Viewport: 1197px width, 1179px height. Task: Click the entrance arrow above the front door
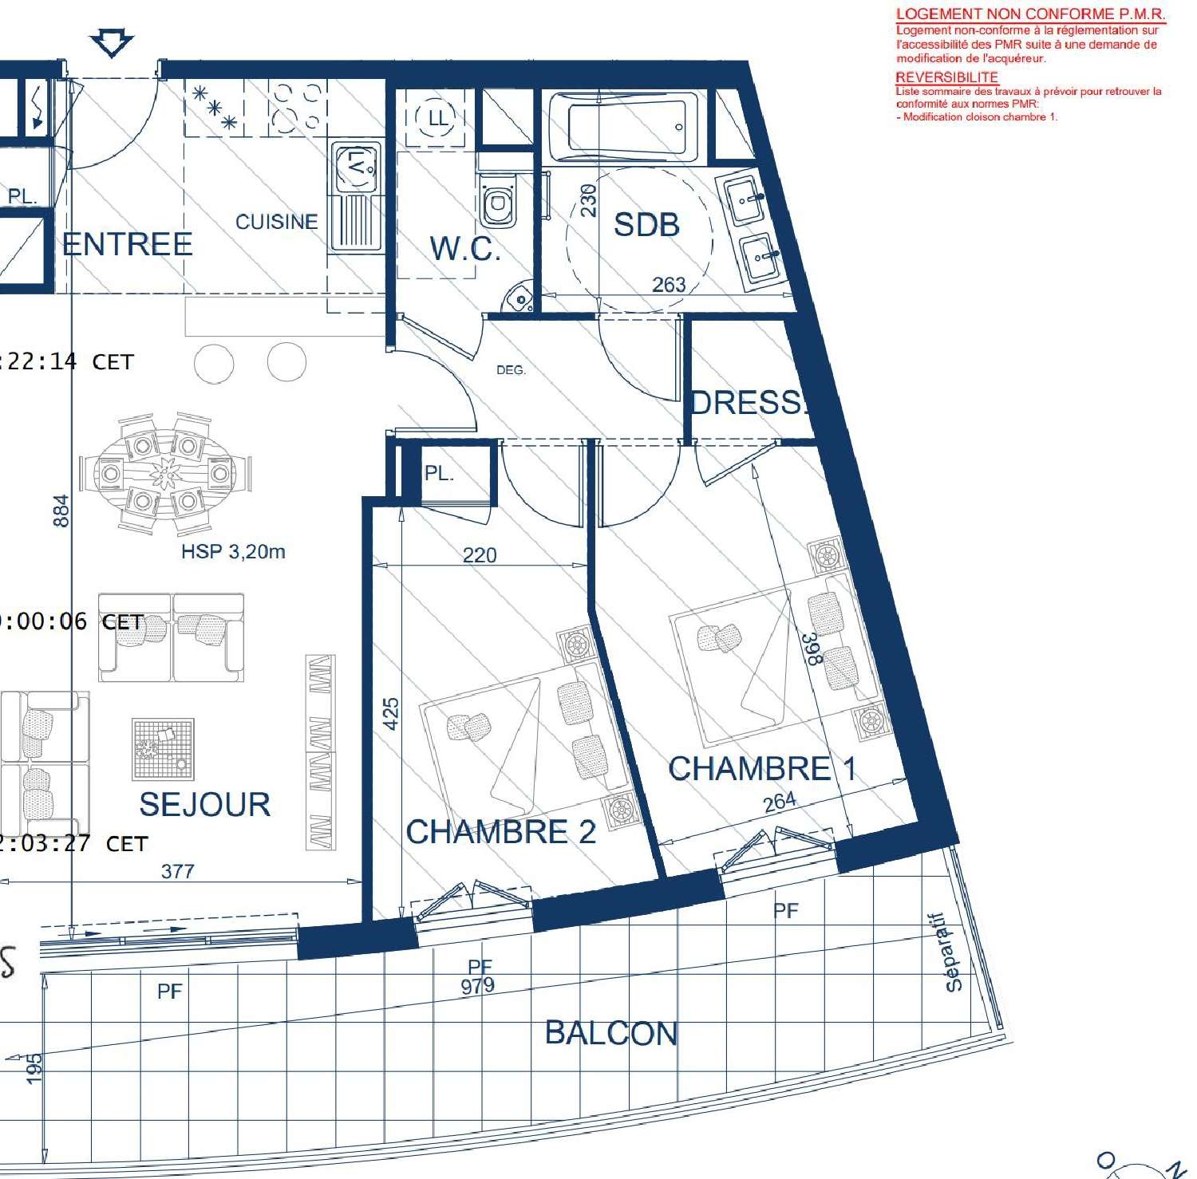click(x=111, y=43)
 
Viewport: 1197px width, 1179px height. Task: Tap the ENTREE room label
click(x=128, y=244)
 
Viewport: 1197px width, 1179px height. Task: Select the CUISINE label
click(x=276, y=222)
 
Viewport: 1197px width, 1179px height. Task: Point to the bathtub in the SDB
click(x=627, y=126)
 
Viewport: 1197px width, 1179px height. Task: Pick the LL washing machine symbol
click(x=437, y=119)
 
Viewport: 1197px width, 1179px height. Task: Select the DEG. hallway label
click(x=511, y=370)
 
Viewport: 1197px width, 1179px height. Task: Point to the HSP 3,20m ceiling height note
click(x=233, y=552)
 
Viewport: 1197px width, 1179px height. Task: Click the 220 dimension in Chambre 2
click(x=480, y=554)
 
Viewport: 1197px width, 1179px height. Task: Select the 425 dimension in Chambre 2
click(x=390, y=713)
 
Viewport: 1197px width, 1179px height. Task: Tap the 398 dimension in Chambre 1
click(x=811, y=649)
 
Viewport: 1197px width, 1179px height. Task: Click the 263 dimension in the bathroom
click(x=669, y=284)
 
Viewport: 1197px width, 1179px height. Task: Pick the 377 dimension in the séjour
click(x=177, y=871)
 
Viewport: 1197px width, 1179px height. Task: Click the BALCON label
click(x=611, y=1034)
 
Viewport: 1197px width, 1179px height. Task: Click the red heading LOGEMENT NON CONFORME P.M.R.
click(x=1030, y=14)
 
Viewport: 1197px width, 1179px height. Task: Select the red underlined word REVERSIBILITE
click(x=946, y=77)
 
